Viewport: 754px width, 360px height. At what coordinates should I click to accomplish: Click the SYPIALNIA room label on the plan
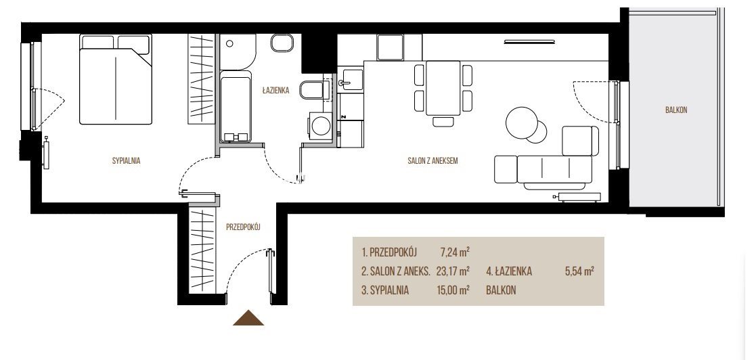click(126, 161)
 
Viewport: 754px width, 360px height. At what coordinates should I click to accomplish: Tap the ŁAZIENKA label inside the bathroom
click(275, 90)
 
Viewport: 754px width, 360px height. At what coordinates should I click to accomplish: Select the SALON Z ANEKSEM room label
click(433, 161)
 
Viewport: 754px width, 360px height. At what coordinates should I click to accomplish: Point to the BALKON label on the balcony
click(676, 110)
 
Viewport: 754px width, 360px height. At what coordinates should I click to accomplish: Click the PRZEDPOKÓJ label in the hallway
click(243, 227)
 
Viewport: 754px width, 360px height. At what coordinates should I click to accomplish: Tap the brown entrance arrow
click(248, 318)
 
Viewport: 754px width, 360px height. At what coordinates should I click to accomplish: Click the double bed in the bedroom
click(116, 78)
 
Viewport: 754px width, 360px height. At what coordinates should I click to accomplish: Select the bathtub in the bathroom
click(236, 107)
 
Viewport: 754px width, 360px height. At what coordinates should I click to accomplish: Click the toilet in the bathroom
click(314, 90)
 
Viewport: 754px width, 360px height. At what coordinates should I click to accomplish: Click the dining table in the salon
click(443, 89)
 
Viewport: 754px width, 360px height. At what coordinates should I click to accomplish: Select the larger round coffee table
click(523, 122)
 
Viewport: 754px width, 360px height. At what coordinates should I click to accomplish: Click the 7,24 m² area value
click(455, 252)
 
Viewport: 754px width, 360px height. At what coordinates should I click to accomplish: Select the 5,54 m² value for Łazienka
click(579, 271)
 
